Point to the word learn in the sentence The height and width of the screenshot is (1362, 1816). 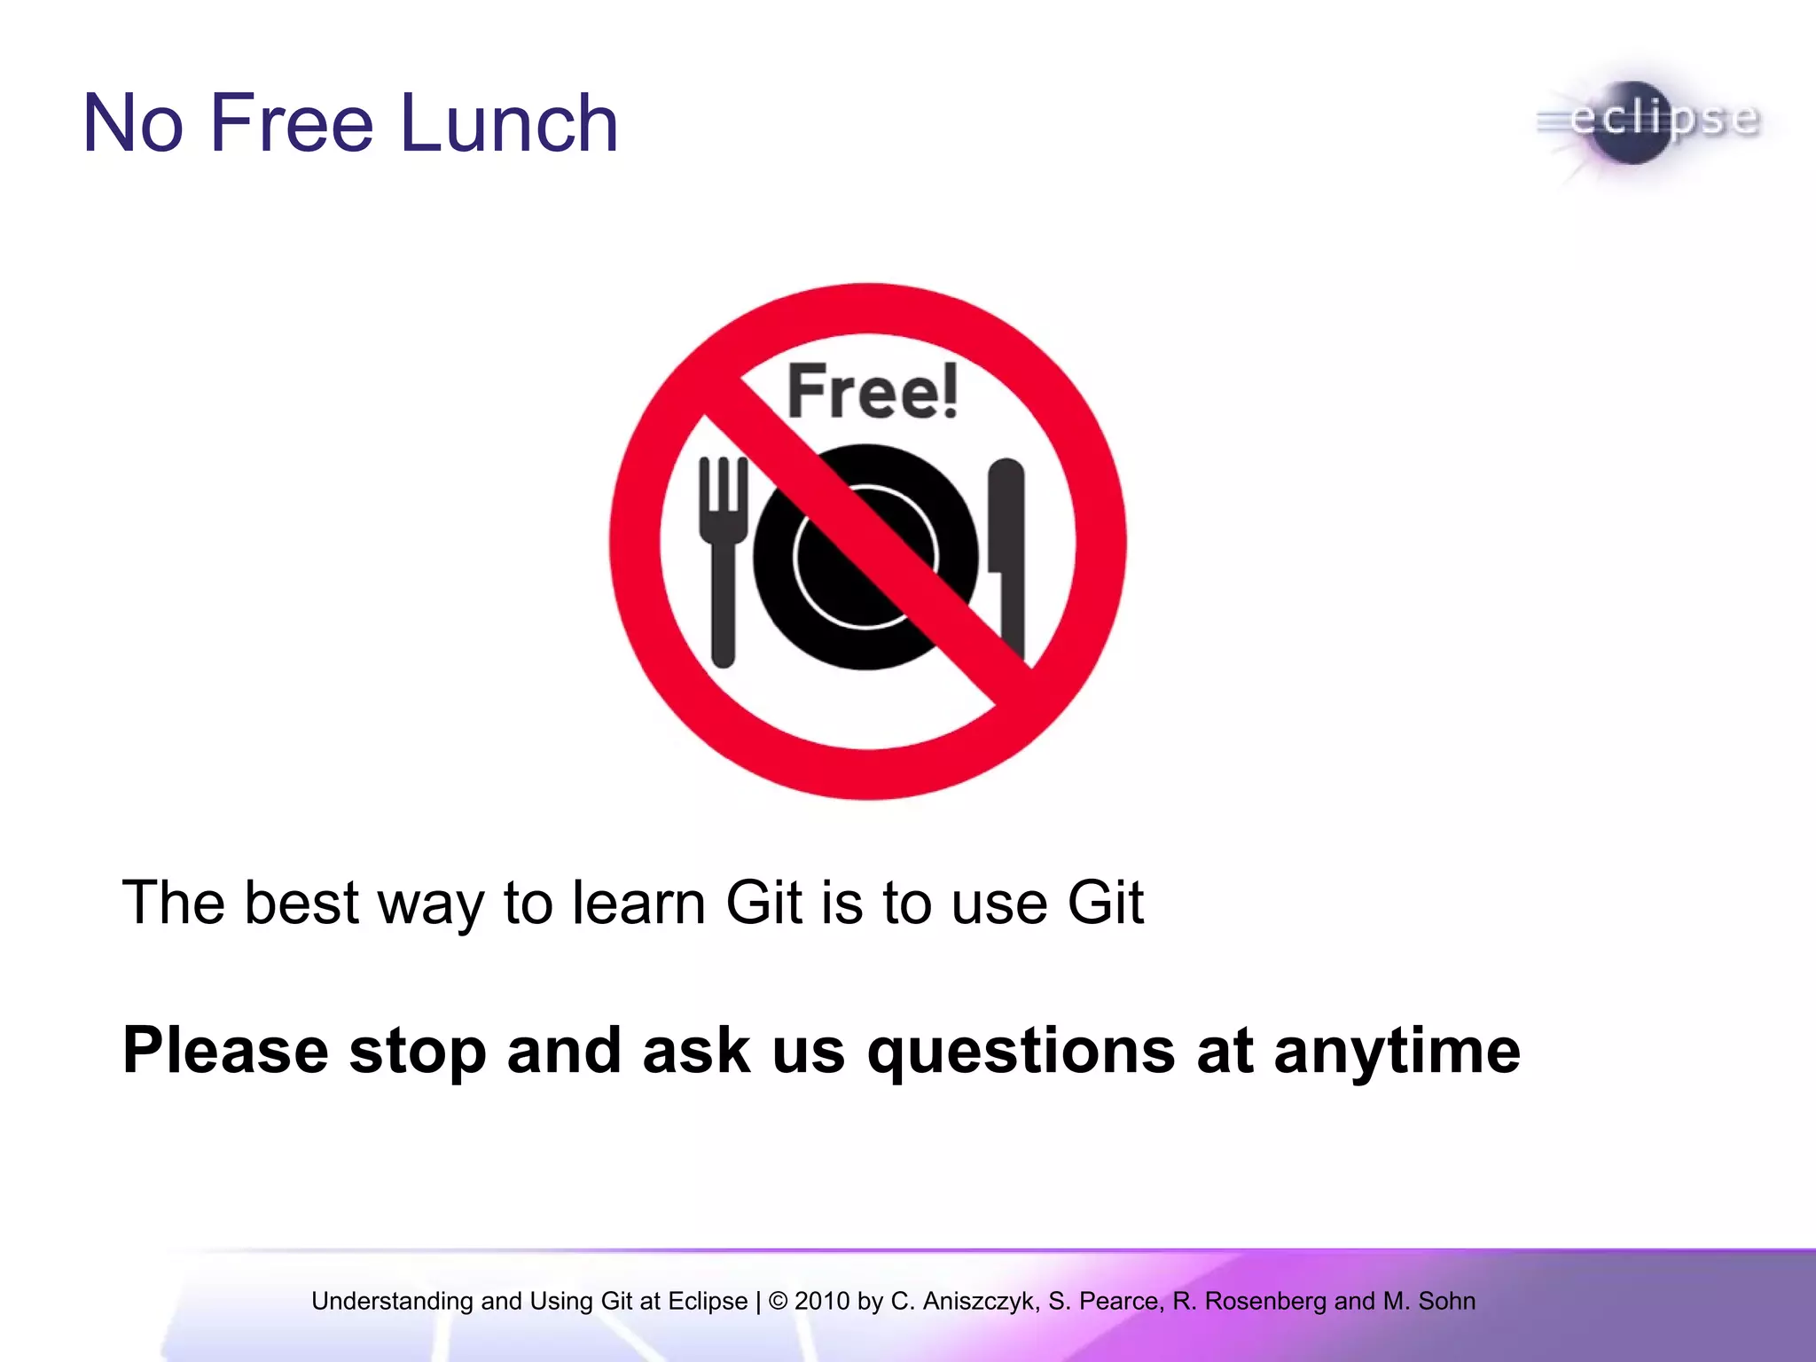[638, 903]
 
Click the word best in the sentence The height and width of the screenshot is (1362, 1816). [301, 903]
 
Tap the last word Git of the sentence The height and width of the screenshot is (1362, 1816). [1105, 903]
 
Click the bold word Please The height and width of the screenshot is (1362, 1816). [225, 1051]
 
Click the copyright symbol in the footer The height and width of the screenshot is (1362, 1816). [778, 1301]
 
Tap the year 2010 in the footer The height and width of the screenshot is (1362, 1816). [821, 1301]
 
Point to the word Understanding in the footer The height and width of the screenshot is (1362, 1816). [392, 1301]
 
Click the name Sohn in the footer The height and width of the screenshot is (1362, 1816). [1446, 1301]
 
